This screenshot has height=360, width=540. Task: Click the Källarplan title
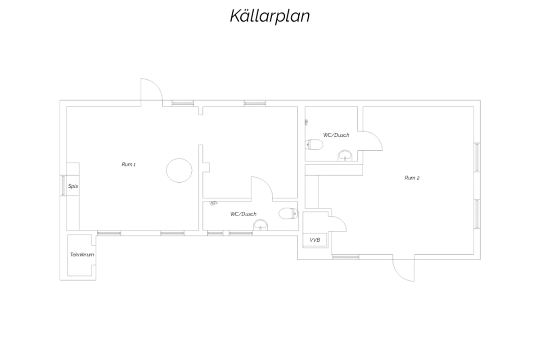point(270,16)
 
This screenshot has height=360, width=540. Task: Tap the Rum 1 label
point(129,164)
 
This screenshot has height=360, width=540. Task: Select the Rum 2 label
point(412,178)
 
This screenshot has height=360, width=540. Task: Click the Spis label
point(73,186)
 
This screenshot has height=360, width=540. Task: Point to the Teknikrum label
point(82,255)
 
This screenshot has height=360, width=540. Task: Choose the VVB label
point(315,240)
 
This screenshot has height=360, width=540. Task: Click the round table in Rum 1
point(179,170)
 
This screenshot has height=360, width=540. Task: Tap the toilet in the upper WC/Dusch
point(314,145)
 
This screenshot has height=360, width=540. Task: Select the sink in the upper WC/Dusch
point(345,155)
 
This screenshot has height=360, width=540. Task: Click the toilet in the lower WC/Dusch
point(288,214)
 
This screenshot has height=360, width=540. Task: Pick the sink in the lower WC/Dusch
point(261,225)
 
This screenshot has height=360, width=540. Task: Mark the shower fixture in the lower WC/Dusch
point(213,203)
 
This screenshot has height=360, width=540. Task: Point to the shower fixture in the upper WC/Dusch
point(306,122)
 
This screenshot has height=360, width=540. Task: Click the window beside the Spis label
point(63,185)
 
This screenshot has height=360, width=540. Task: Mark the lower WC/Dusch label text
point(243,214)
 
